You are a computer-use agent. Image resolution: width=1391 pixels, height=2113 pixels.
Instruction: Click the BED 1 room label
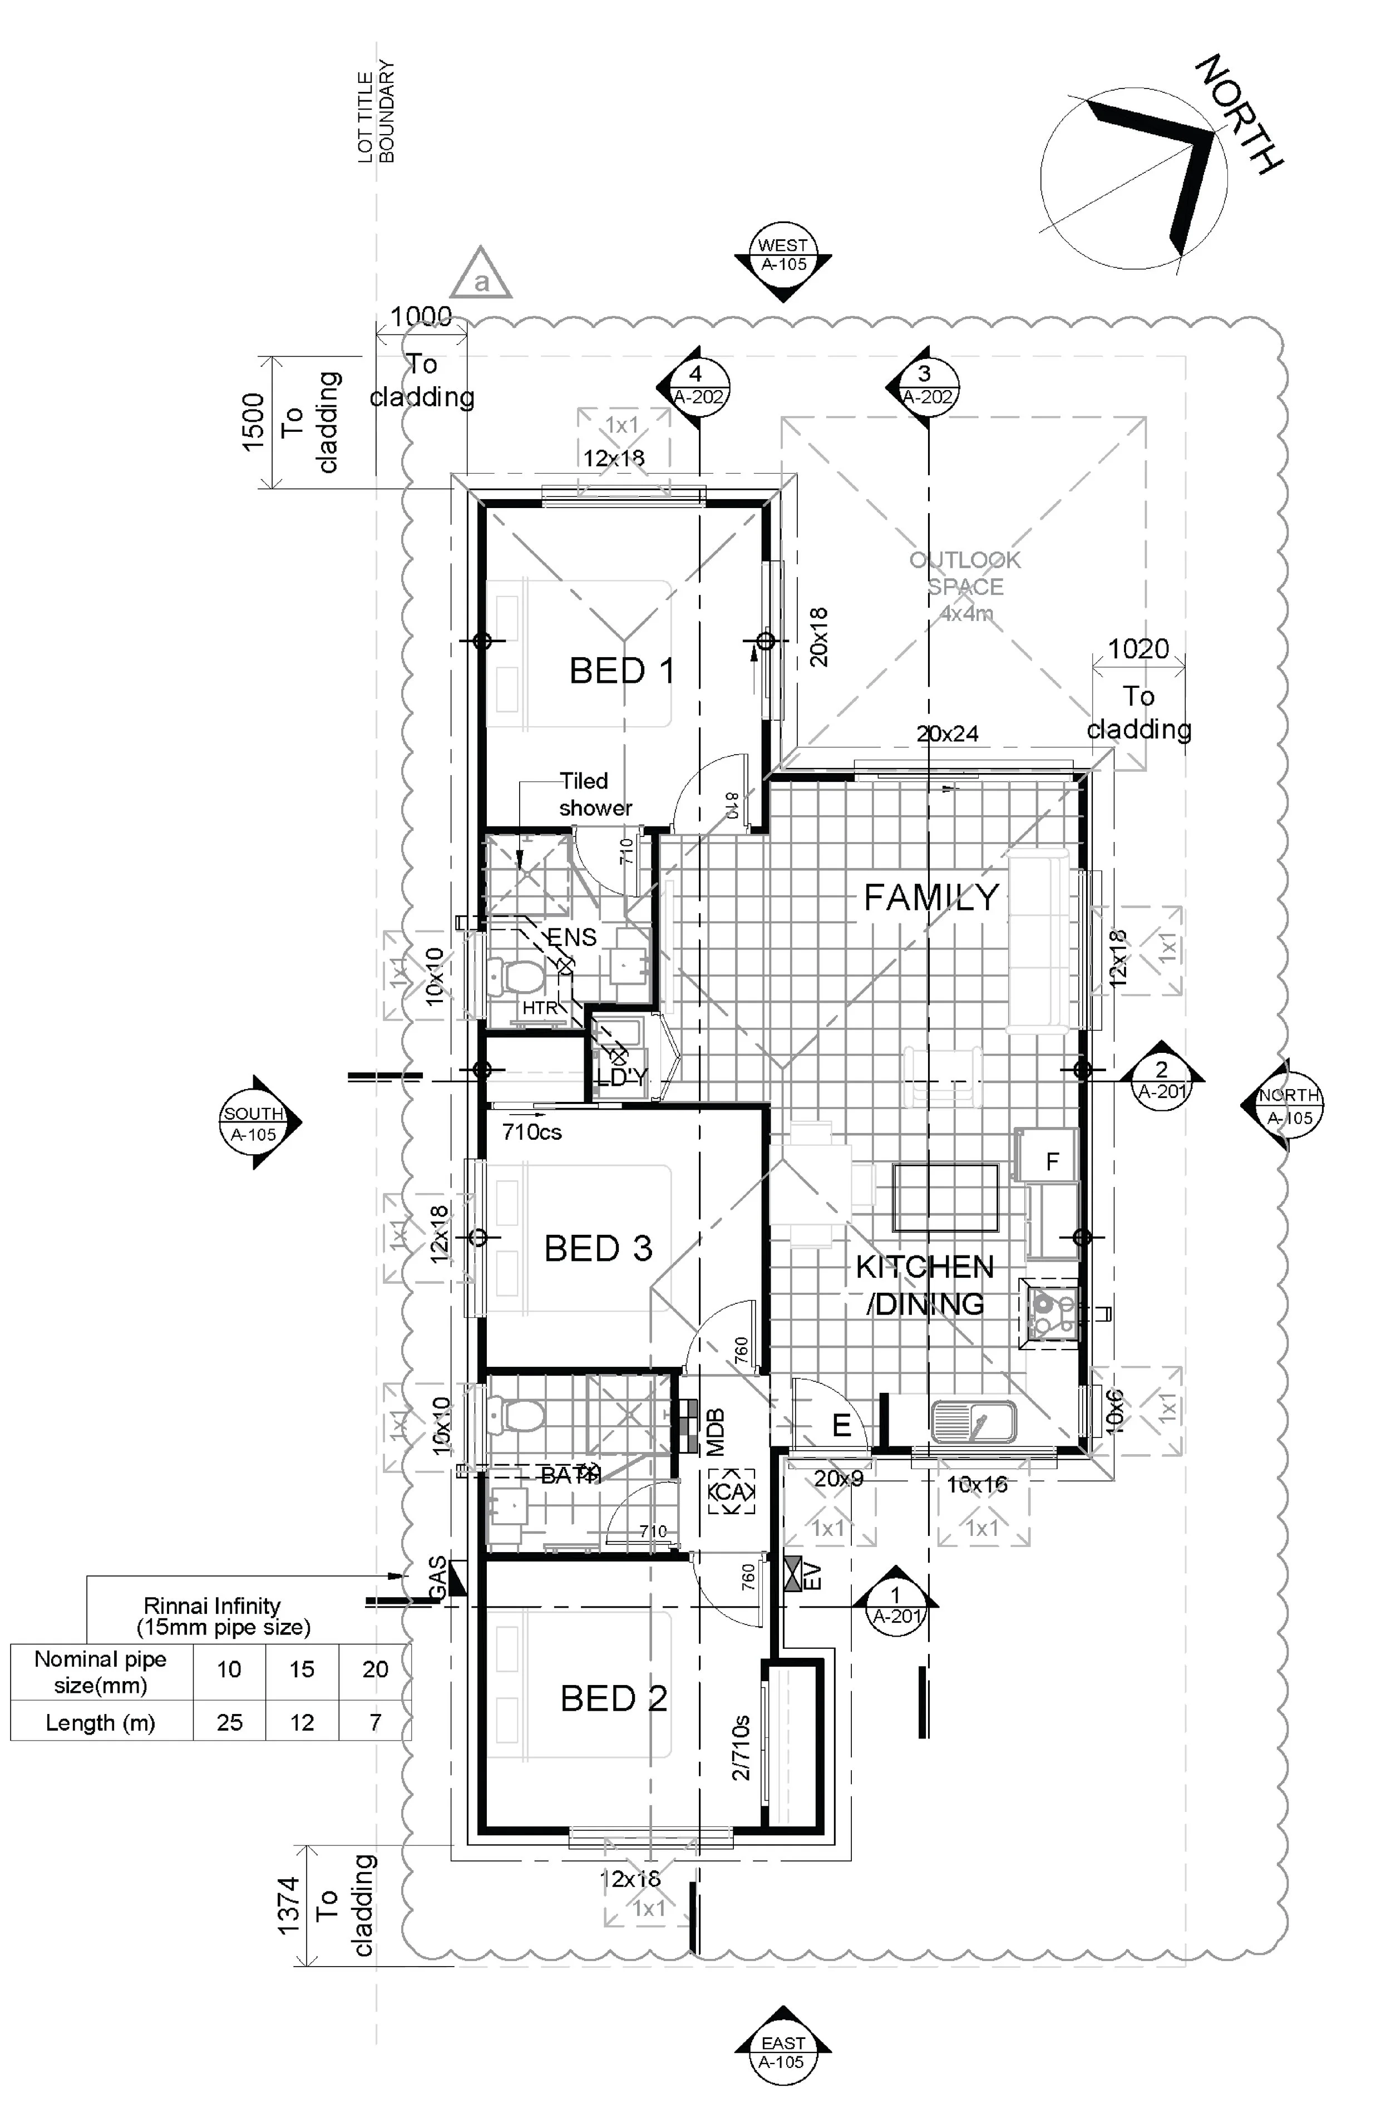pos(621,671)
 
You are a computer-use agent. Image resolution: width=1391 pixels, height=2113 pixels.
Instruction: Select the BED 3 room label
pos(598,1248)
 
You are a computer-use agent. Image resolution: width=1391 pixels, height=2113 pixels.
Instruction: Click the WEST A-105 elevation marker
pos(783,255)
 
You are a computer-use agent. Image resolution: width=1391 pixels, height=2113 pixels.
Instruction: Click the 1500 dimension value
pos(254,422)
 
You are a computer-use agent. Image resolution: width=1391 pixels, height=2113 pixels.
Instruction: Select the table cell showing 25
pos(229,1722)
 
